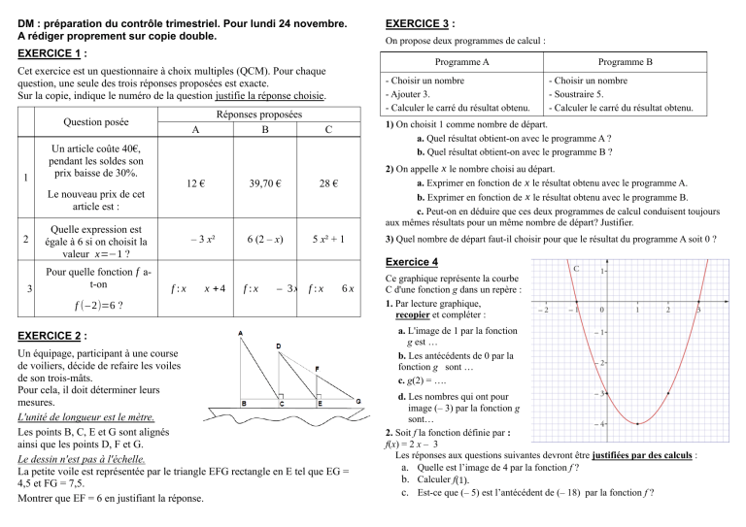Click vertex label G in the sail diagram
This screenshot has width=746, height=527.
tap(358, 400)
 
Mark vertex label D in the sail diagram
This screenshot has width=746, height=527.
tap(279, 346)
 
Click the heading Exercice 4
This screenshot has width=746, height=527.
tap(418, 263)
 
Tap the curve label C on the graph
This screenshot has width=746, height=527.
tap(577, 267)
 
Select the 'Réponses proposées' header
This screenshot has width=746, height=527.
tap(263, 115)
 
